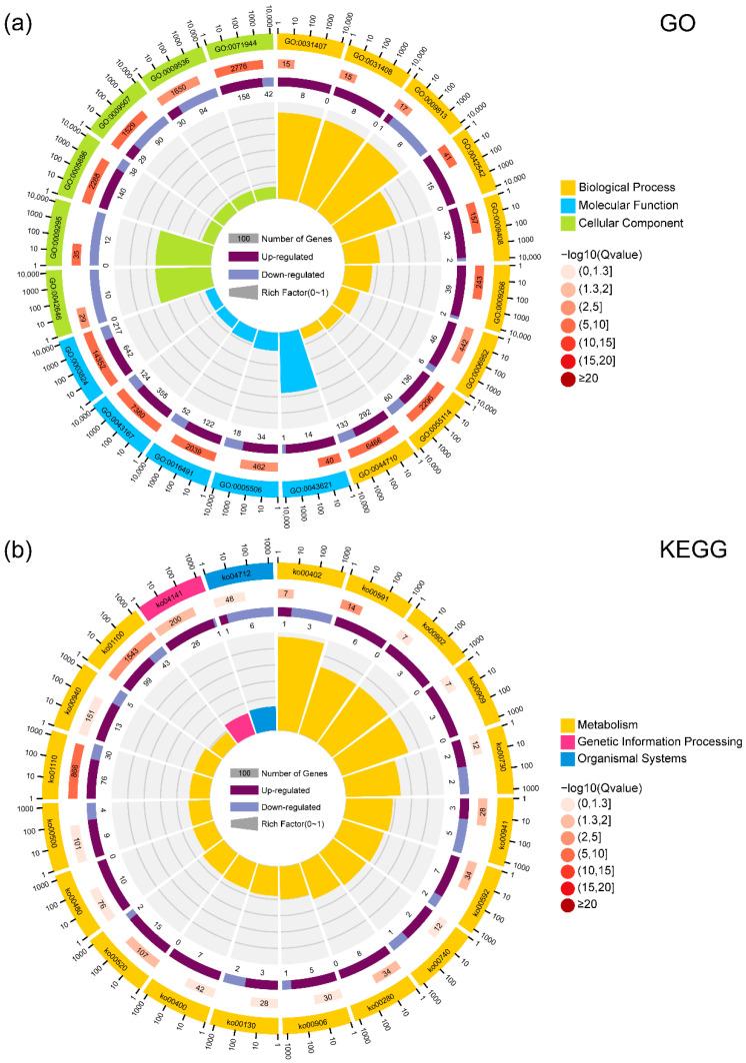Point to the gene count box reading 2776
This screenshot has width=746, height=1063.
(238, 68)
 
